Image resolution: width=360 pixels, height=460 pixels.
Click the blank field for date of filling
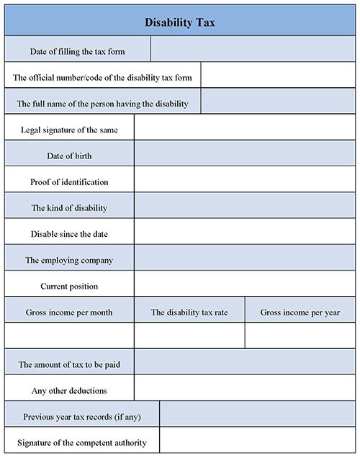pyautogui.click(x=253, y=50)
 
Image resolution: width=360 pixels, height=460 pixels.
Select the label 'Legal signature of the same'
pyautogui.click(x=70, y=130)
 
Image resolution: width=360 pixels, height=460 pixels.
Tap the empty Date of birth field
pyautogui.click(x=246, y=155)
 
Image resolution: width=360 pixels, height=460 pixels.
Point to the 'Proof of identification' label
pyautogui.click(x=70, y=182)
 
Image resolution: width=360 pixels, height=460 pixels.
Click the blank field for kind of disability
pyautogui.click(x=246, y=208)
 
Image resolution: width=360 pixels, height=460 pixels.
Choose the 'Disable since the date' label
pyautogui.click(x=70, y=234)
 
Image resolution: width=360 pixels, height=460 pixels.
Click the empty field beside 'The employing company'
pyautogui.click(x=246, y=260)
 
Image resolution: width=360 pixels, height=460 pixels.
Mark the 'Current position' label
pyautogui.click(x=70, y=287)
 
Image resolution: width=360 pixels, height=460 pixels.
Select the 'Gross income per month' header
pyautogui.click(x=70, y=312)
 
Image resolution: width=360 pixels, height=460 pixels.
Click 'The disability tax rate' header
pyautogui.click(x=189, y=312)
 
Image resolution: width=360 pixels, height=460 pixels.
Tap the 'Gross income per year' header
pyautogui.click(x=300, y=312)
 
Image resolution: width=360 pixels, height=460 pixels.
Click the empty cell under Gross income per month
pyautogui.click(x=70, y=335)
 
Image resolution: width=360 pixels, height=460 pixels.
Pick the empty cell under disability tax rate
pyautogui.click(x=189, y=335)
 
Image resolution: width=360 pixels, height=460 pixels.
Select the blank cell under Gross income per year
pyautogui.click(x=300, y=335)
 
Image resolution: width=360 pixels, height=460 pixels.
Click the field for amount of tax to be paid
pyautogui.click(x=246, y=364)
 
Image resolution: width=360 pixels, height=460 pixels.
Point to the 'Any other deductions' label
pyautogui.click(x=70, y=390)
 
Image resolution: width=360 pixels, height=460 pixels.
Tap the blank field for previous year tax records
pyautogui.click(x=258, y=416)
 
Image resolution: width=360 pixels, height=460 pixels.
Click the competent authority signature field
pyautogui.click(x=258, y=442)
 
